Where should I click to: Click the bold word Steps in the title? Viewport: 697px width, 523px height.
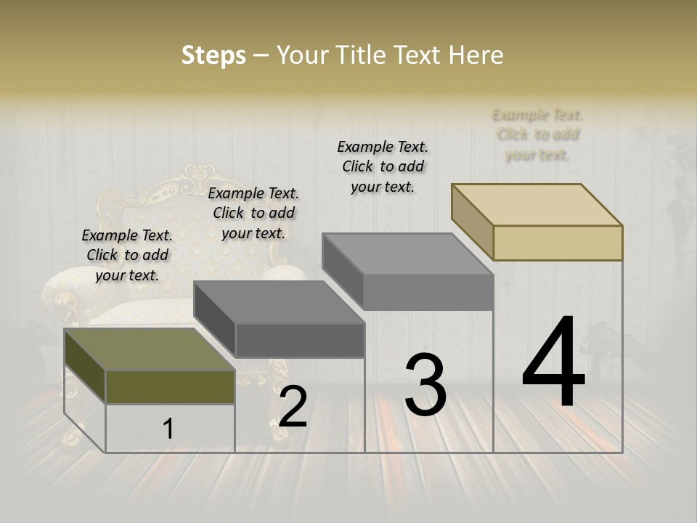[x=213, y=55]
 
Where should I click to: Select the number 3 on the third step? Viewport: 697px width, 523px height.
[x=425, y=384]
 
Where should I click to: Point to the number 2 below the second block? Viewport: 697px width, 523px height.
[x=293, y=406]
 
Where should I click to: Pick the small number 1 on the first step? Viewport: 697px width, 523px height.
[x=168, y=429]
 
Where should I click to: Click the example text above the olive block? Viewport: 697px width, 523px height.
[x=127, y=255]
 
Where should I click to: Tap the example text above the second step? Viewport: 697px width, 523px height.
[x=253, y=213]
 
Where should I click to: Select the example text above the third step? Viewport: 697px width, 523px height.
[x=383, y=166]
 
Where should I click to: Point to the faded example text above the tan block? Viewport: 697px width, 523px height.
[x=537, y=134]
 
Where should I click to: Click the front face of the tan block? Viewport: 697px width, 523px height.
[x=558, y=243]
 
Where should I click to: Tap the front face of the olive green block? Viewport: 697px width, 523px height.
[x=170, y=386]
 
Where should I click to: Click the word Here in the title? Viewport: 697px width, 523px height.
[x=479, y=55]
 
